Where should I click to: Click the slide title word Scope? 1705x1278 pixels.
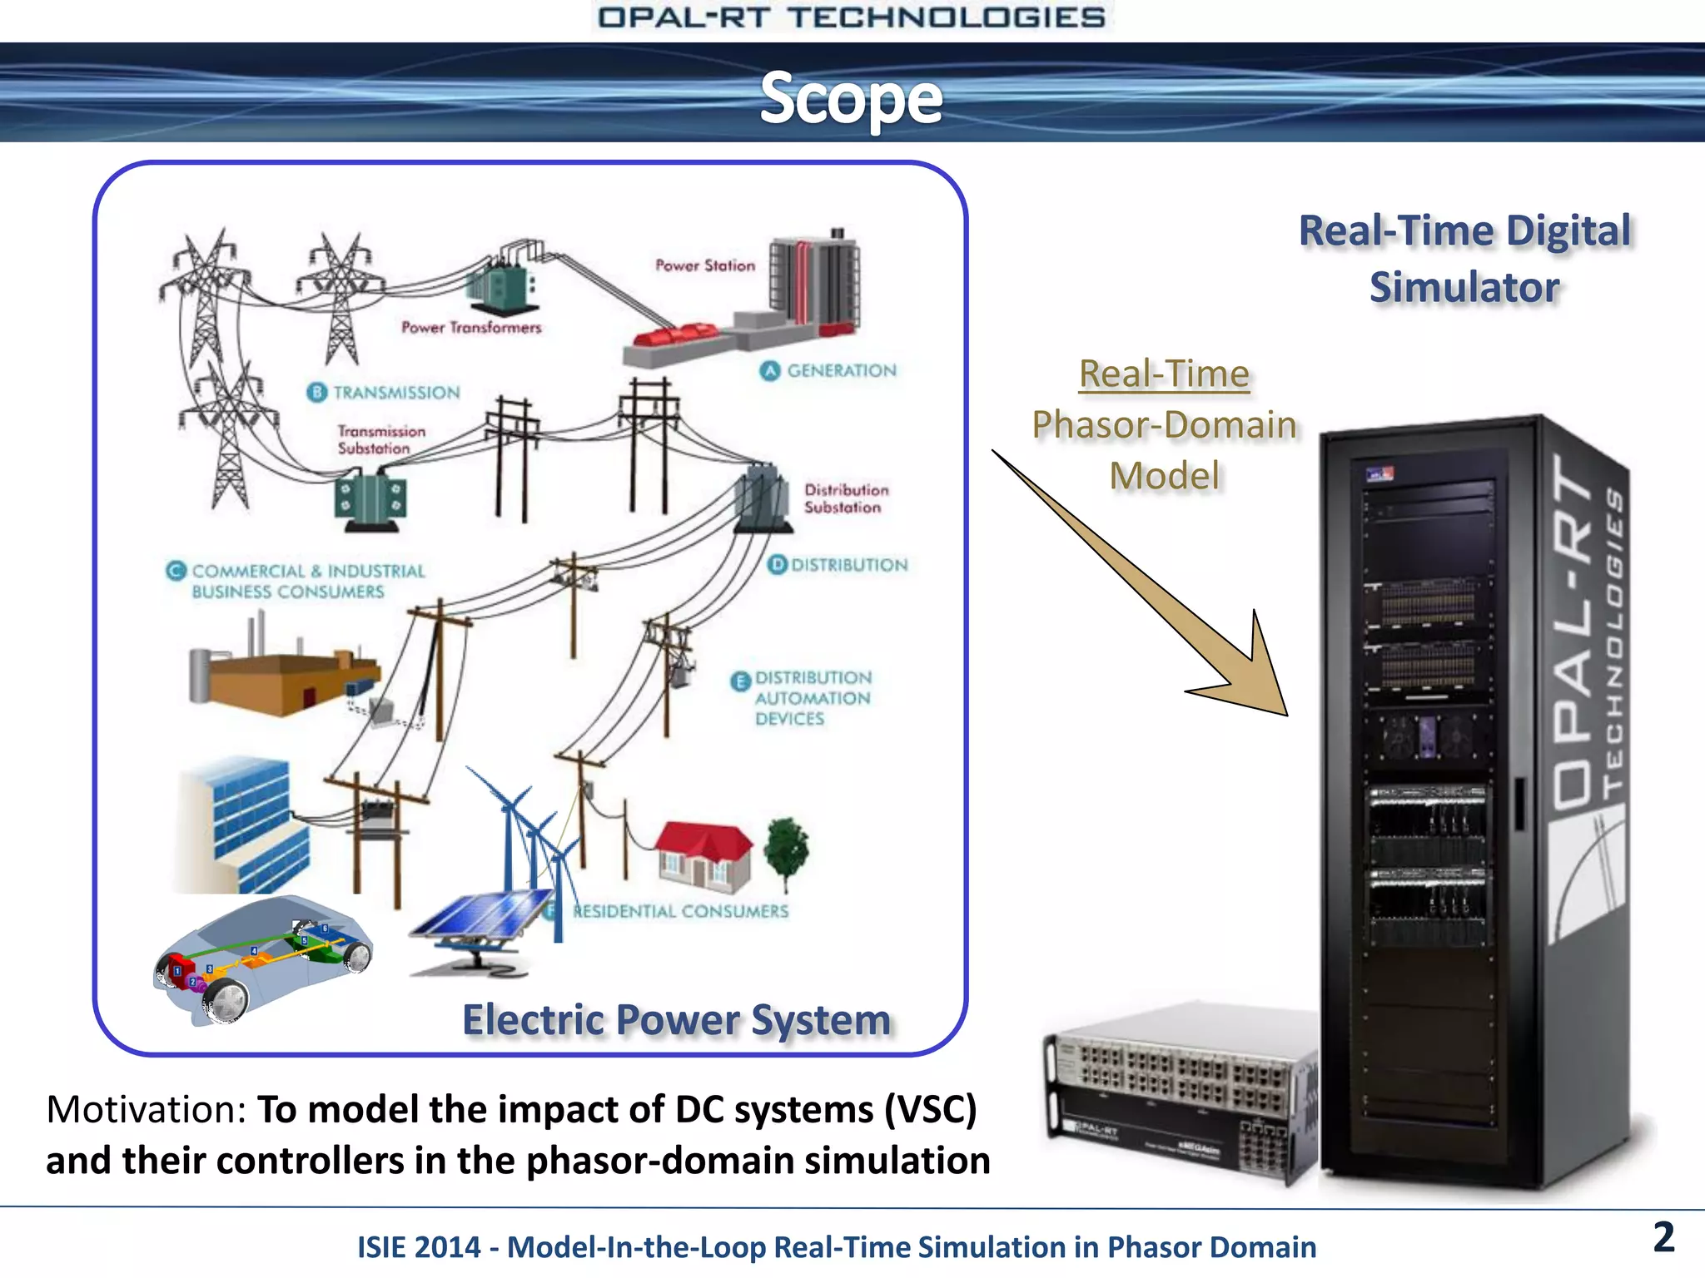[x=851, y=99]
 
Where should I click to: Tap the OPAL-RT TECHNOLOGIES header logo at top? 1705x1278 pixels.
[x=851, y=17]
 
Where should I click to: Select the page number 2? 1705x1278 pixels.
[x=1663, y=1237]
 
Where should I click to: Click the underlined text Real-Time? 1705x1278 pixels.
[x=1164, y=374]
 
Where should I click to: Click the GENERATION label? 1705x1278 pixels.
[x=841, y=370]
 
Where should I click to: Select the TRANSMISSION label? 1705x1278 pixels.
[x=395, y=392]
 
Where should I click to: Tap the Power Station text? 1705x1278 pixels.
[x=705, y=265]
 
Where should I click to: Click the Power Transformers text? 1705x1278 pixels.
[x=471, y=328]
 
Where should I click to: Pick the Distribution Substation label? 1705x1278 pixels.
[x=846, y=498]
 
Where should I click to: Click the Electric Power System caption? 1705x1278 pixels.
[x=676, y=1020]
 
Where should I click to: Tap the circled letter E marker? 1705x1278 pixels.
[x=740, y=681]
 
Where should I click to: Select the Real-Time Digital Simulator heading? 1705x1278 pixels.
[x=1464, y=259]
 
